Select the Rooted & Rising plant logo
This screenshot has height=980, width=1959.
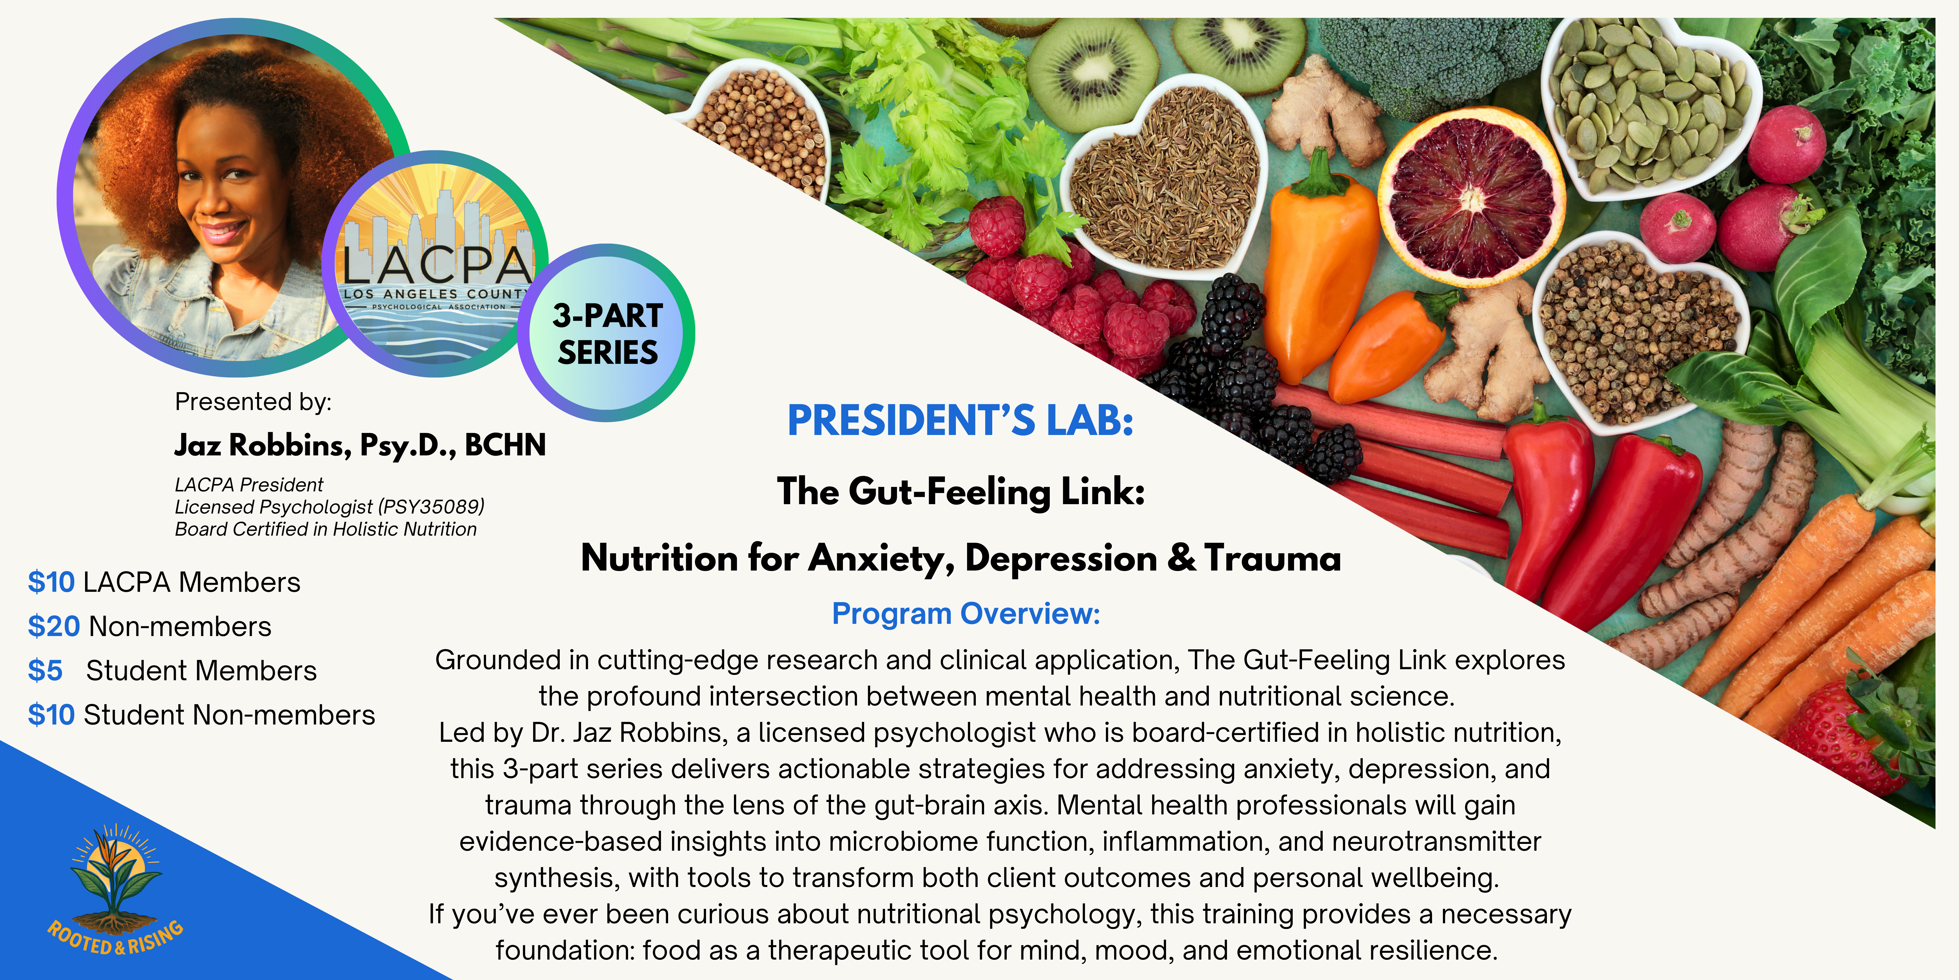click(x=116, y=890)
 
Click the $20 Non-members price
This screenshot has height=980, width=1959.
click(x=149, y=626)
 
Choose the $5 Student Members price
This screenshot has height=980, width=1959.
click(x=172, y=670)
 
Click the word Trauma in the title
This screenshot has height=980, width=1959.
click(x=1272, y=558)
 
